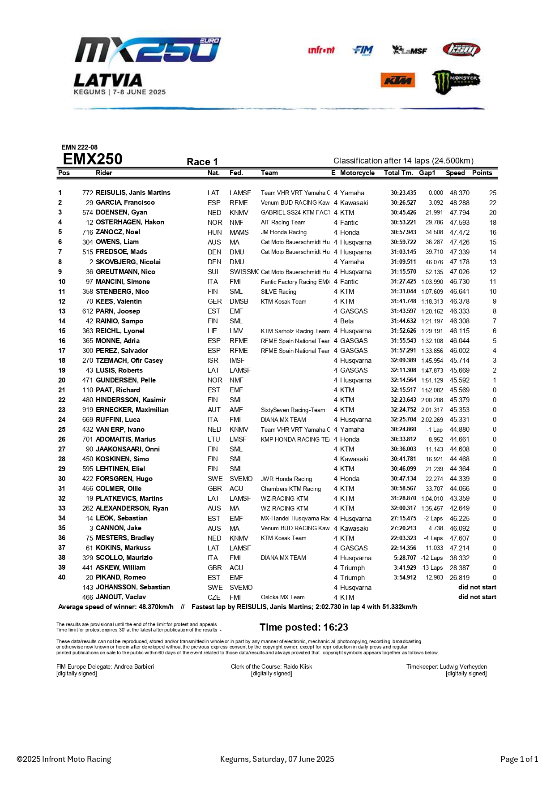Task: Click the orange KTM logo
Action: [x=398, y=81]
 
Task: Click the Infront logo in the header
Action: [x=321, y=50]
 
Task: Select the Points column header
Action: [x=482, y=173]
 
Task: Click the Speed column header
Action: [x=455, y=173]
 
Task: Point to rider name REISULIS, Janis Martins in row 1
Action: [x=133, y=193]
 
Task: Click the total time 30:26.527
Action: [x=403, y=203]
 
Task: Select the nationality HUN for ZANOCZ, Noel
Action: [x=214, y=232]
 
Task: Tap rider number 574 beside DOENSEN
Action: [x=88, y=213]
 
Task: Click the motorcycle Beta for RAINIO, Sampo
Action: [x=347, y=321]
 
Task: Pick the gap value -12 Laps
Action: [x=431, y=558]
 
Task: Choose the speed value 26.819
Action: [x=460, y=578]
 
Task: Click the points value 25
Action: [x=492, y=193]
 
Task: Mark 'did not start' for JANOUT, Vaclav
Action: [x=477, y=597]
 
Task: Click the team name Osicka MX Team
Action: [x=283, y=597]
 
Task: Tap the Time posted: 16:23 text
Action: [x=304, y=627]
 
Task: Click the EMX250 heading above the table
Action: [x=93, y=159]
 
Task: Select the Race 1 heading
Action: [x=202, y=162]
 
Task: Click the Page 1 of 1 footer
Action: [x=519, y=759]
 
